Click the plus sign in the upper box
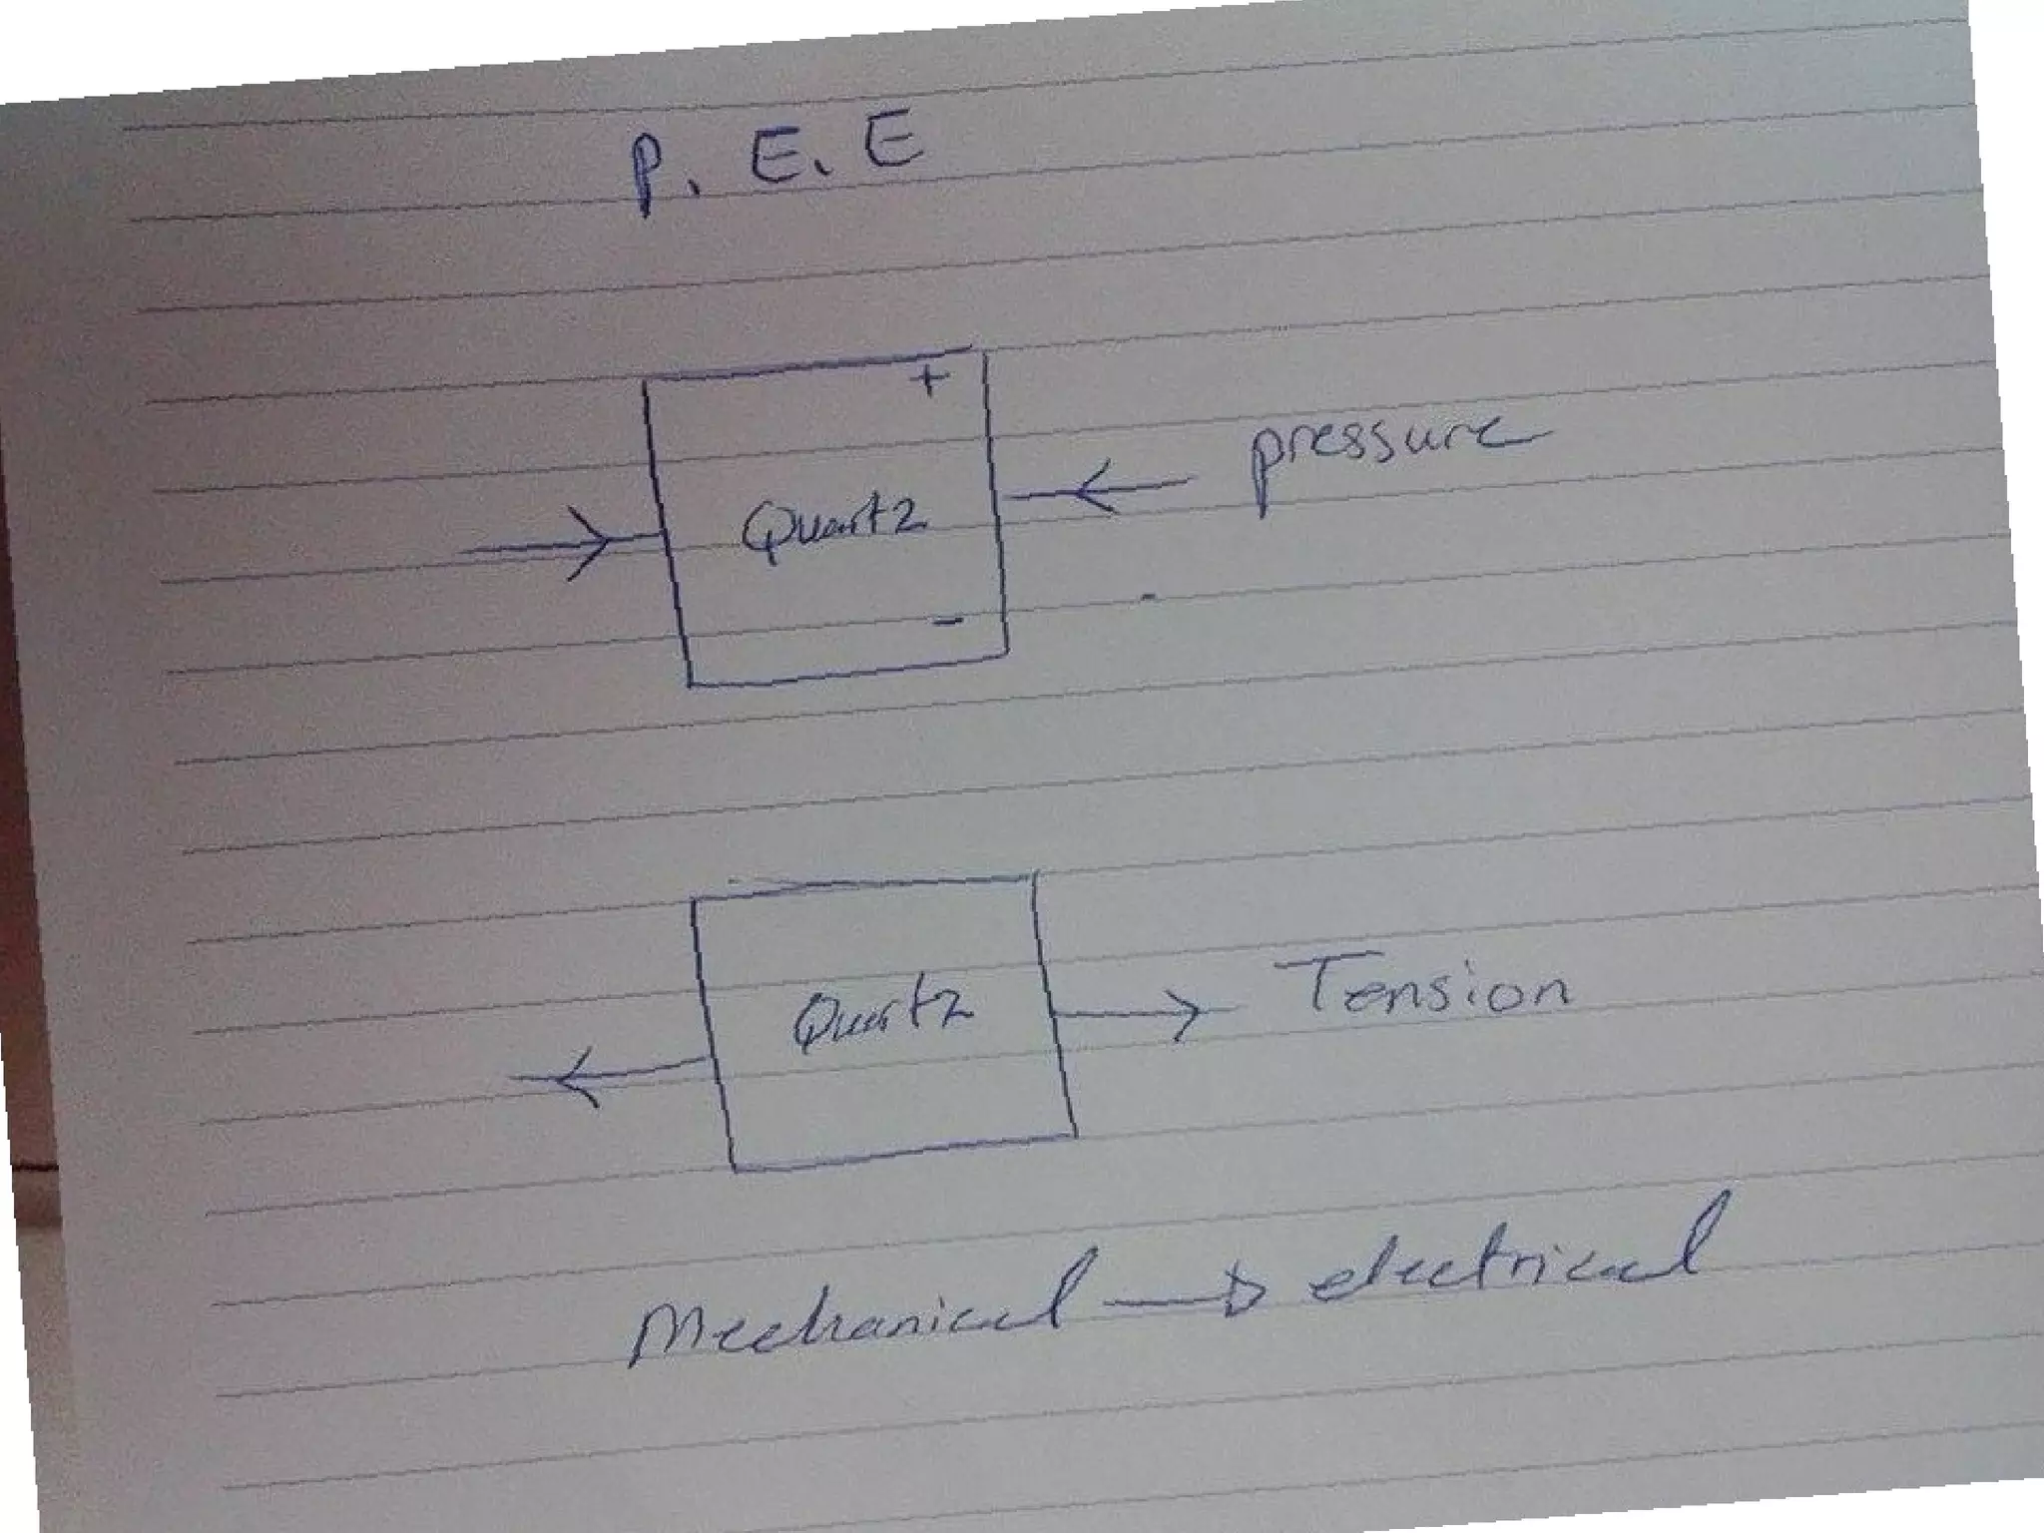[x=930, y=378]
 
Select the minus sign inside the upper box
[x=948, y=621]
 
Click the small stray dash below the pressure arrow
[x=1149, y=598]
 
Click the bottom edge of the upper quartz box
[x=848, y=672]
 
